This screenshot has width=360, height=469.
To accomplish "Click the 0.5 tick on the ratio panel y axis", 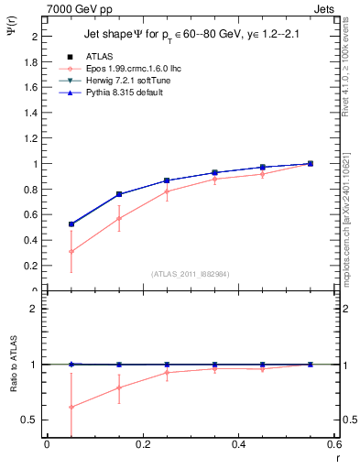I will [x=31, y=420].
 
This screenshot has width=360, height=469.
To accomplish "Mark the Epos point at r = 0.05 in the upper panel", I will [x=71, y=251].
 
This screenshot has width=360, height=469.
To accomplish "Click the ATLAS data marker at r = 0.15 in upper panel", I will [x=119, y=194].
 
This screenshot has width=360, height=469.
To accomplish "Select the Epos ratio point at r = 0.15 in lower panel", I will [x=119, y=387].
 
